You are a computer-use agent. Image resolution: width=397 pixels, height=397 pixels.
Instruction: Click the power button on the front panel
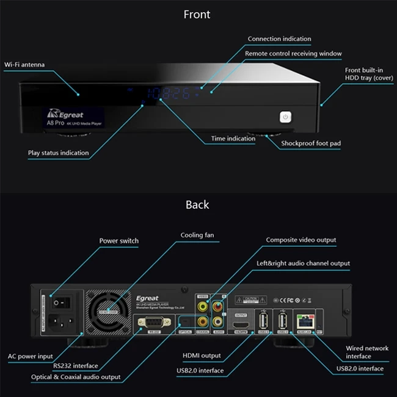(286, 117)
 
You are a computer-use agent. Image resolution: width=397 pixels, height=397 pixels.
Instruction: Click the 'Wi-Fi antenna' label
(24, 64)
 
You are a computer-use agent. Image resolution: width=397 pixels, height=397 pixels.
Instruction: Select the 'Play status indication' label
(58, 153)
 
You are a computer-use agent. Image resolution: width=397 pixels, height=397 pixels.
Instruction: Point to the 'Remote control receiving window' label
(293, 54)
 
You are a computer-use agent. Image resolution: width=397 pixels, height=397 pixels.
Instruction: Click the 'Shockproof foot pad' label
(310, 144)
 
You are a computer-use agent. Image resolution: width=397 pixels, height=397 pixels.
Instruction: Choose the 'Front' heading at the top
(197, 15)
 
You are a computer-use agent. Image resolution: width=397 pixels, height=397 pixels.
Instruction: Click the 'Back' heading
(197, 205)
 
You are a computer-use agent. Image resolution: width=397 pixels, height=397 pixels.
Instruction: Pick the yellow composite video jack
(202, 308)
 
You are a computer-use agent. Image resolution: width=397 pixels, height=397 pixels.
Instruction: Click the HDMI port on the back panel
(241, 322)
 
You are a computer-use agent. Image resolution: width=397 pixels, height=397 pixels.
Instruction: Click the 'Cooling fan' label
(197, 235)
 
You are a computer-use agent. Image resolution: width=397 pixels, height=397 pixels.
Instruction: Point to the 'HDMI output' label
(201, 355)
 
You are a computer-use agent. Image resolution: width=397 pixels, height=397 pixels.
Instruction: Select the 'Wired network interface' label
(366, 352)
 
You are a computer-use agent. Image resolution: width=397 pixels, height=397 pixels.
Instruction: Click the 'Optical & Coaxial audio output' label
(76, 377)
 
